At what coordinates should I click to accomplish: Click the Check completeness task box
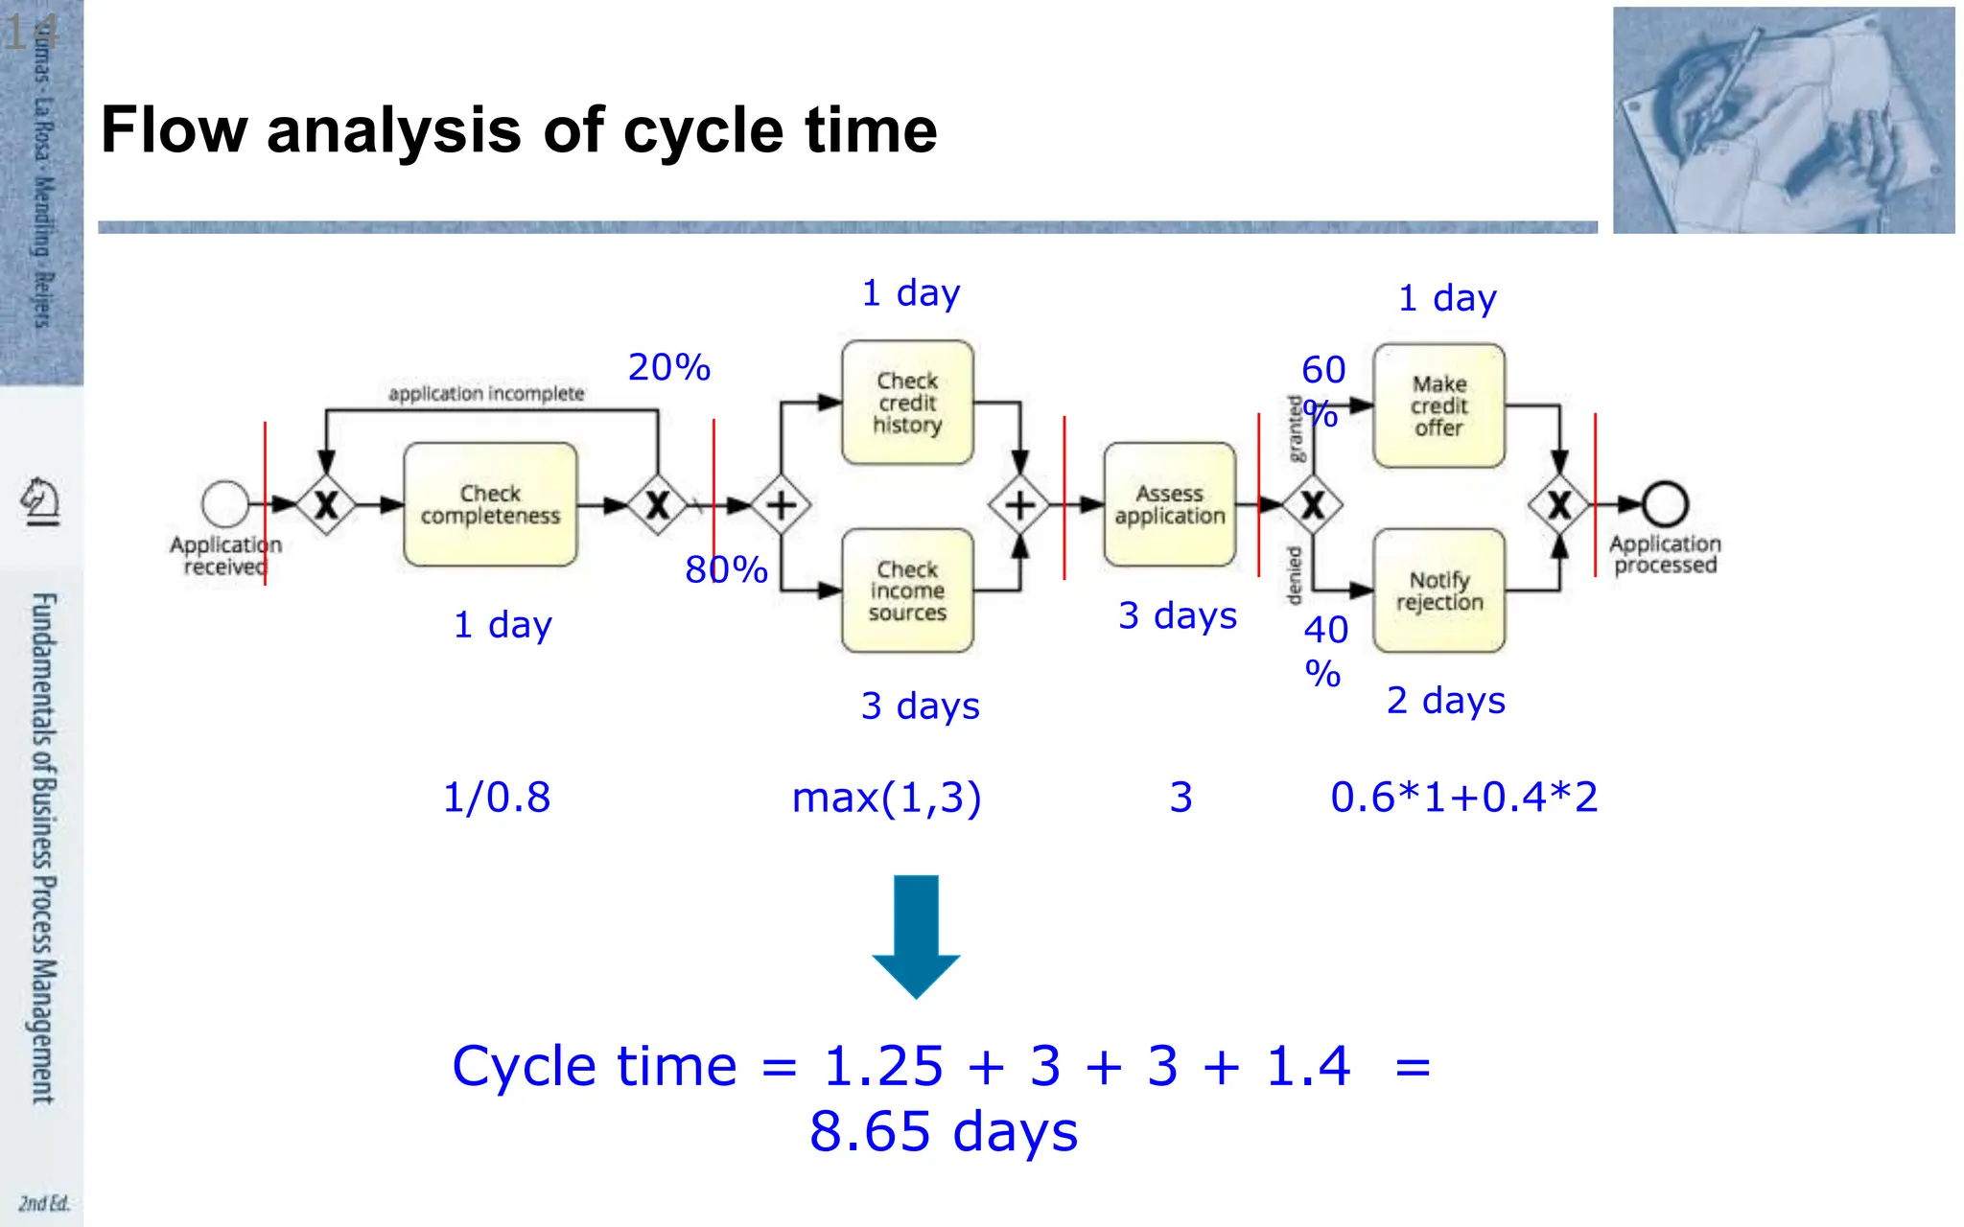pyautogui.click(x=490, y=504)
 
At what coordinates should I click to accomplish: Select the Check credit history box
pyautogui.click(x=907, y=403)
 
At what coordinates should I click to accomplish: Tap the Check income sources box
pyautogui.click(x=907, y=590)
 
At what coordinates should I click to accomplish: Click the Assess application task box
pyautogui.click(x=1169, y=504)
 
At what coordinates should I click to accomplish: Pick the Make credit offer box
pyautogui.click(x=1438, y=406)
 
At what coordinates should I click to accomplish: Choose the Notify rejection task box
pyautogui.click(x=1438, y=590)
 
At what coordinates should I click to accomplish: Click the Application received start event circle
pyautogui.click(x=225, y=504)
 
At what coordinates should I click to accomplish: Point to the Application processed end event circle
pyautogui.click(x=1665, y=504)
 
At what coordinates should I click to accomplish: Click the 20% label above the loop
pyautogui.click(x=669, y=368)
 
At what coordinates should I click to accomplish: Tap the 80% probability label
pyautogui.click(x=726, y=570)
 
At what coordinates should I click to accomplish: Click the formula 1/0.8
pyautogui.click(x=497, y=798)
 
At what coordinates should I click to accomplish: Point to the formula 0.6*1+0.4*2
pyautogui.click(x=1463, y=798)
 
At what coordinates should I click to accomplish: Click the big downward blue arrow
pyautogui.click(x=916, y=936)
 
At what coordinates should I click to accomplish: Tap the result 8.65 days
pyautogui.click(x=944, y=1132)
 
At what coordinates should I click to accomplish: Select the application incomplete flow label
pyautogui.click(x=486, y=394)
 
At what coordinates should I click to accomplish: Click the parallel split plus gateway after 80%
pyautogui.click(x=781, y=504)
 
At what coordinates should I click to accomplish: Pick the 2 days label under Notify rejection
pyautogui.click(x=1446, y=701)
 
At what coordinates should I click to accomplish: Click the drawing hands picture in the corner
pyautogui.click(x=1783, y=120)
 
